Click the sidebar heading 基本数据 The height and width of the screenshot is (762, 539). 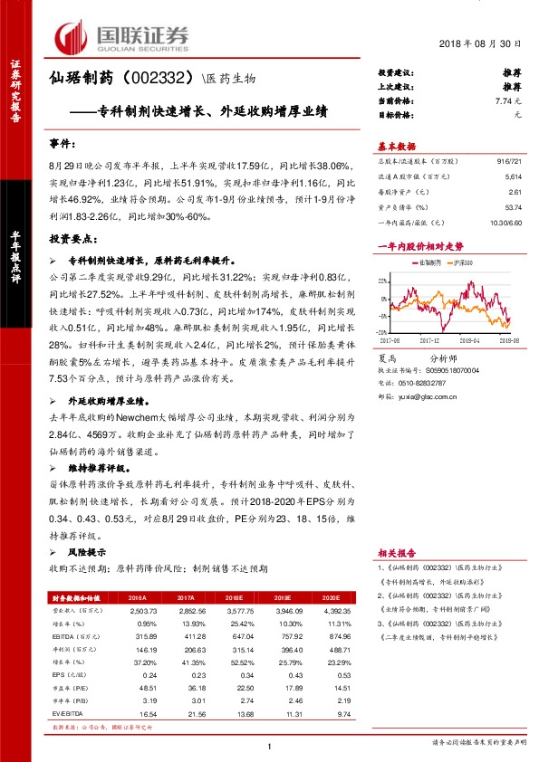click(396, 147)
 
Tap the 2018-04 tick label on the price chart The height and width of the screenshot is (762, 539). click(471, 340)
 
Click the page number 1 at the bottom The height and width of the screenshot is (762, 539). click(270, 744)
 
